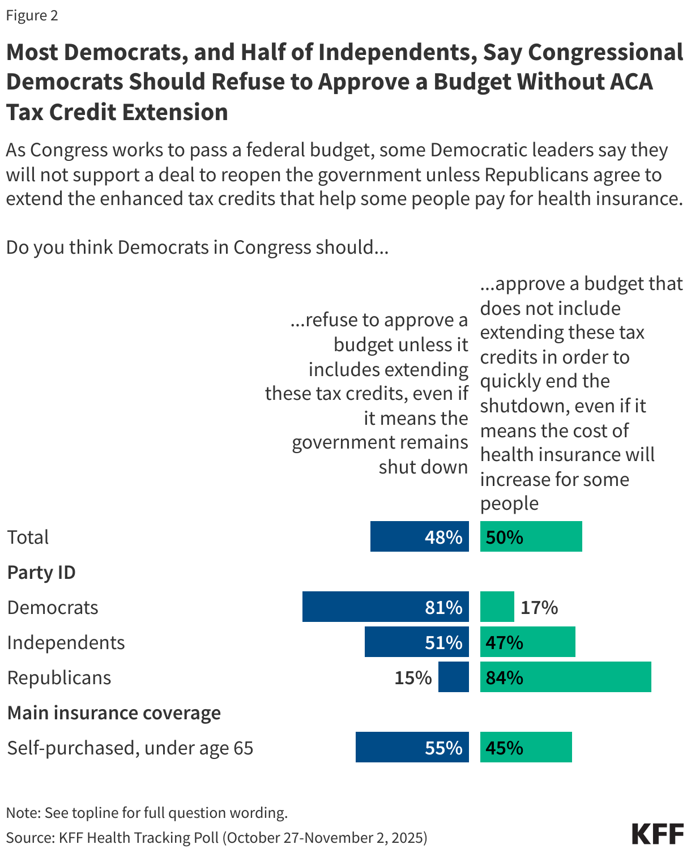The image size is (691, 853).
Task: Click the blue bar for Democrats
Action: (x=362, y=607)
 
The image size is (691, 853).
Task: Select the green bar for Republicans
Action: (x=565, y=677)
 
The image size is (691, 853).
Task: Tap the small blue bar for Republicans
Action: (x=454, y=677)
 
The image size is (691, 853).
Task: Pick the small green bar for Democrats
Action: (x=497, y=607)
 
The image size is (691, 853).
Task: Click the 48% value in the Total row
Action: (x=443, y=537)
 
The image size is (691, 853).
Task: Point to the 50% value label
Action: (x=504, y=537)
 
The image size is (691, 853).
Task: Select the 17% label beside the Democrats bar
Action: (x=539, y=608)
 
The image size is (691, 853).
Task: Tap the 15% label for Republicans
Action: (x=413, y=678)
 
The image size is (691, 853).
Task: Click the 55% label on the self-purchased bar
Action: (x=443, y=748)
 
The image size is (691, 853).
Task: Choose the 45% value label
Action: (x=504, y=748)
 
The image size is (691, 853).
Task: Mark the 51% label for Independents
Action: (x=443, y=643)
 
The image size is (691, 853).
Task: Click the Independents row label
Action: (x=66, y=643)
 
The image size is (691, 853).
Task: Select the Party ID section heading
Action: (x=41, y=573)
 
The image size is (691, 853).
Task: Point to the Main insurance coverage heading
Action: (x=114, y=713)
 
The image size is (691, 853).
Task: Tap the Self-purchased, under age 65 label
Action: (x=130, y=748)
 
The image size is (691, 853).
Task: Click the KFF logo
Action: (x=658, y=834)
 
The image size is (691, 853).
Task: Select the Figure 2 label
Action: (x=32, y=15)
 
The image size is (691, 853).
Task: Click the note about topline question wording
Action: (x=147, y=813)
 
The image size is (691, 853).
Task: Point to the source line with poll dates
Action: (x=216, y=838)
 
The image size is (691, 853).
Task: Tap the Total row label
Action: (x=28, y=537)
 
